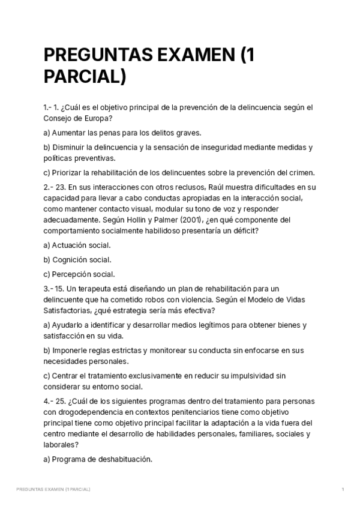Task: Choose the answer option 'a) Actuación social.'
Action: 77,245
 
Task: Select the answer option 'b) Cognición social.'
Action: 77,260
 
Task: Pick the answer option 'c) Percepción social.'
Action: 79,274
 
